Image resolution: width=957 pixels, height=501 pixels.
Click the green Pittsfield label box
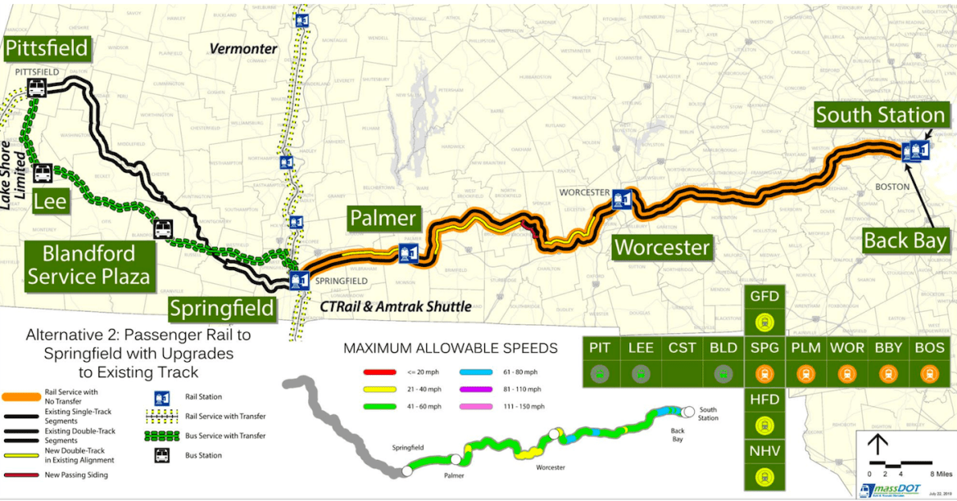pyautogui.click(x=46, y=48)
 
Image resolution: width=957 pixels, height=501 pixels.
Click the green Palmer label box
pyautogui.click(x=383, y=219)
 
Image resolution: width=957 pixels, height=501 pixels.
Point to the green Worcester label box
pyautogui.click(x=662, y=246)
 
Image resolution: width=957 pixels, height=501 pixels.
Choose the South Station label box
pyautogui.click(x=880, y=115)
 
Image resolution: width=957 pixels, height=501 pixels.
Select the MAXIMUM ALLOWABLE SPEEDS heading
pyautogui.click(x=450, y=348)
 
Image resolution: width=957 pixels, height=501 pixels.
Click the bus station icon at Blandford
pyautogui.click(x=163, y=229)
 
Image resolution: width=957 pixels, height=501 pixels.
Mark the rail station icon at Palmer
pyautogui.click(x=406, y=253)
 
